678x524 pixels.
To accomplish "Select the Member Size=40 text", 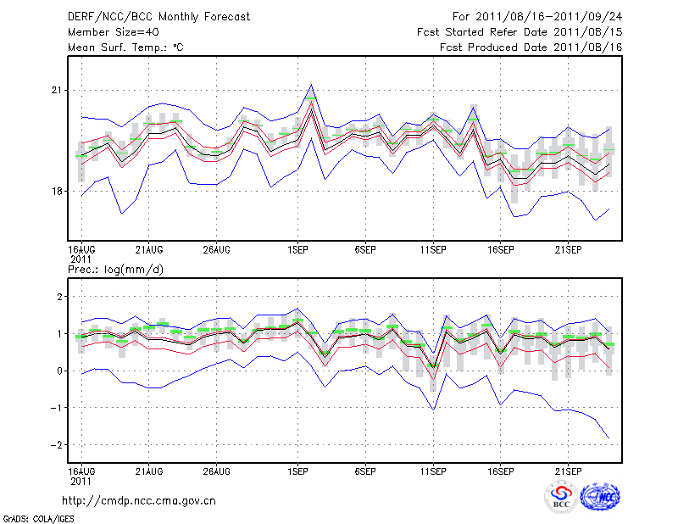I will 107,31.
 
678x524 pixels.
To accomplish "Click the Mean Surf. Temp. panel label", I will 125,47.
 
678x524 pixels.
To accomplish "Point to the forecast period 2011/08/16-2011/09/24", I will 537,16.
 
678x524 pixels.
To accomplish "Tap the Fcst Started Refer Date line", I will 520,31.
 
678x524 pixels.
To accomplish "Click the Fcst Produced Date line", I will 531,47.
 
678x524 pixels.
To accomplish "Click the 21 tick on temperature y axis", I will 58,90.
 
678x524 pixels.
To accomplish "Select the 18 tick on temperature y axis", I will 58,192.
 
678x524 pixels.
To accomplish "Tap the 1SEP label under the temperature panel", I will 297,249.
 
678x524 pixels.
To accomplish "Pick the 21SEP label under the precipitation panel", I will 568,470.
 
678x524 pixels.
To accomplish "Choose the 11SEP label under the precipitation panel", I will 432,470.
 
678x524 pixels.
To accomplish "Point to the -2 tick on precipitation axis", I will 56,445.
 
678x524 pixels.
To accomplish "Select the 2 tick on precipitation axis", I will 59,297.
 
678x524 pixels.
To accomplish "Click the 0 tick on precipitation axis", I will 59,371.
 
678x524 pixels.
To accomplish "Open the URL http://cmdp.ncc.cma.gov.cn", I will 139,500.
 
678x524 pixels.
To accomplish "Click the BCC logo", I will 561,498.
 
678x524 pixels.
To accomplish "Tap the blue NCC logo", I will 600,498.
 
